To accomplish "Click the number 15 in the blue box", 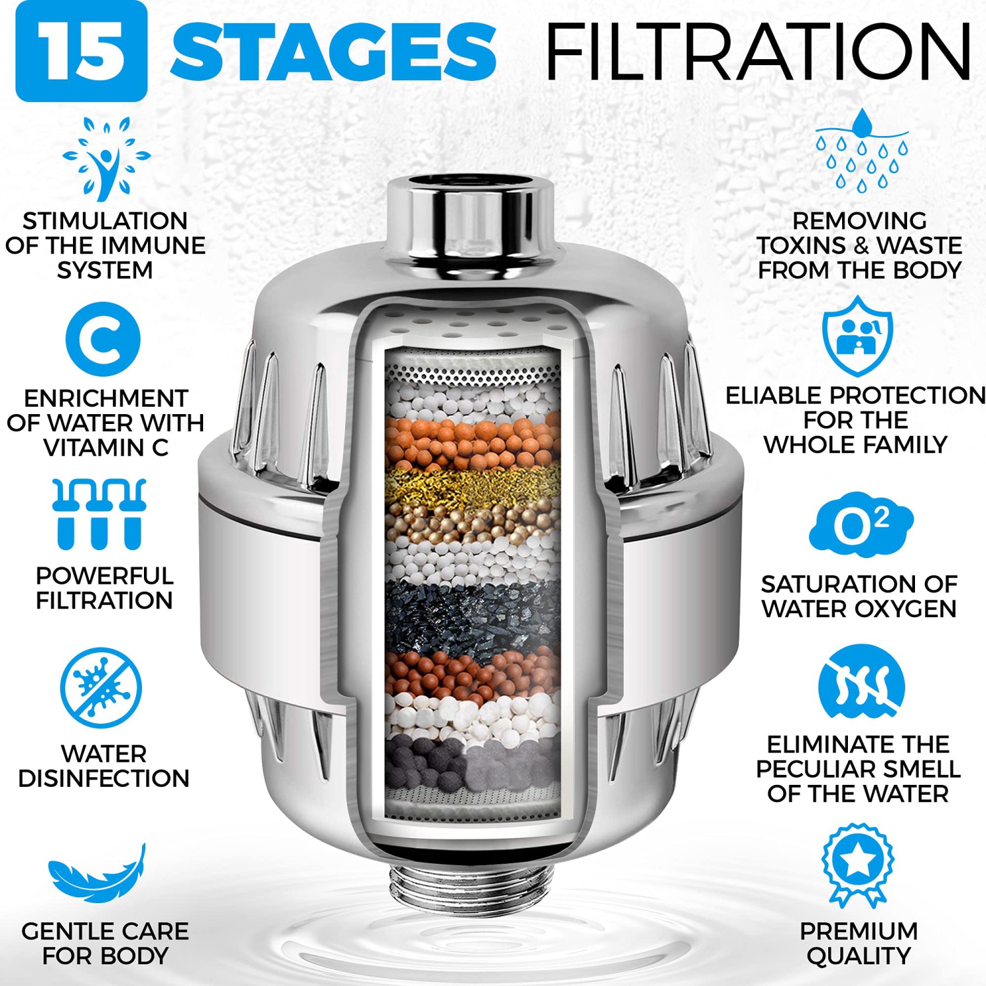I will pos(81,51).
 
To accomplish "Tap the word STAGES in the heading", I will pos(333,51).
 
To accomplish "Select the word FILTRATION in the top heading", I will pos(758,51).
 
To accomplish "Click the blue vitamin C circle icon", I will pos(103,339).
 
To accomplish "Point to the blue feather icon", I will pos(97,874).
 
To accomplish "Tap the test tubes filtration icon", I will pos(99,514).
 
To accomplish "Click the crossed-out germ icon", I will pos(101,688).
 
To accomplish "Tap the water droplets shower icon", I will pos(862,151).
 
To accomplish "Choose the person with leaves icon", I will pos(105,158).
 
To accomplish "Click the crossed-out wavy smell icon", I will pos(861,684).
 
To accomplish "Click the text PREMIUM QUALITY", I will pos(858,943).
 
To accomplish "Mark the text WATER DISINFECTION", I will pos(104,766).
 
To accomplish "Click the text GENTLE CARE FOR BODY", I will pos(105,943).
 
